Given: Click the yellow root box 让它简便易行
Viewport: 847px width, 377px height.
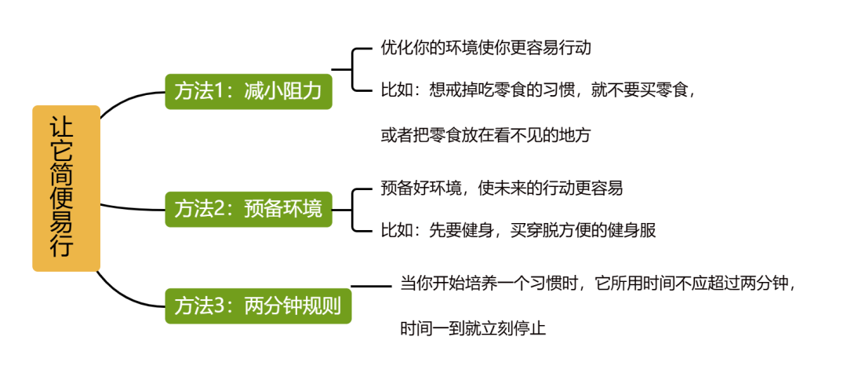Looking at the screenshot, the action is tap(66, 188).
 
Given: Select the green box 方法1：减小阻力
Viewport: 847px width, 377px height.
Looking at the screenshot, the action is tap(248, 91).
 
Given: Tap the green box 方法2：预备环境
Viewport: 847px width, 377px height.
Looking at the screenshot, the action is tap(248, 209).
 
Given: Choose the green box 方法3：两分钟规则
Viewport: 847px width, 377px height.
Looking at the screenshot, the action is tap(257, 305).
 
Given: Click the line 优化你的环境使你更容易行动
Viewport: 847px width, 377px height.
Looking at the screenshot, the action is tap(485, 48).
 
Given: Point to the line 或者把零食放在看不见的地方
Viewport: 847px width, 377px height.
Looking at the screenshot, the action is tap(485, 135).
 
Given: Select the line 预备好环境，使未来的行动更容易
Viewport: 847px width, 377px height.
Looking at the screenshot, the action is tap(502, 188).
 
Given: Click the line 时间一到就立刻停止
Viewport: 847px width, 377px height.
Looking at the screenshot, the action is tap(473, 328).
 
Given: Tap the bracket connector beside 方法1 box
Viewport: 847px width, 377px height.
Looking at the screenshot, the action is tap(354, 70).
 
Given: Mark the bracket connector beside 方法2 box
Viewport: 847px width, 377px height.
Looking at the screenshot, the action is tap(354, 209).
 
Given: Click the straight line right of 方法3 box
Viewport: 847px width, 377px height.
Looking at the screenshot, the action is tap(370, 286).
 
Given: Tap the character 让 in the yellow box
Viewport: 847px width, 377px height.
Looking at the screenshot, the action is tap(66, 128).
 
